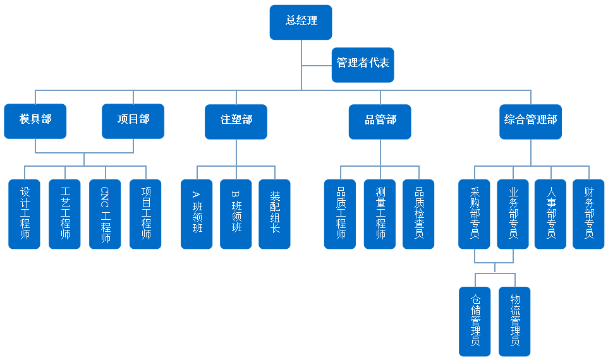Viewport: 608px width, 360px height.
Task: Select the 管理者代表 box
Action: pos(363,64)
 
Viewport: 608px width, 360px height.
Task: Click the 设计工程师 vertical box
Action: pos(25,213)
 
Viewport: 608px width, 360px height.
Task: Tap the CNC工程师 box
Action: pos(105,213)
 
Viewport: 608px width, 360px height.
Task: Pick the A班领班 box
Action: pos(197,213)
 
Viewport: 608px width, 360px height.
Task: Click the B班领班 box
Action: pos(236,213)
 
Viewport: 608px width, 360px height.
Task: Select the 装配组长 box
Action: pos(275,213)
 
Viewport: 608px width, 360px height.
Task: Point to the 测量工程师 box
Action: pos(380,213)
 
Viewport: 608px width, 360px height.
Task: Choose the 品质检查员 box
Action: pos(418,213)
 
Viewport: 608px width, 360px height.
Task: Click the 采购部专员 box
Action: pos(474,213)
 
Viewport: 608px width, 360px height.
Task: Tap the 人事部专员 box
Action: pos(550,213)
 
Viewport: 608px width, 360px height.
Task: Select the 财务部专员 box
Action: pos(589,213)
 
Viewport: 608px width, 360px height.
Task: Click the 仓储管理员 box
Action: pos(475,321)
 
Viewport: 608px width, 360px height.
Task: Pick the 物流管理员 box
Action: pos(514,321)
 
